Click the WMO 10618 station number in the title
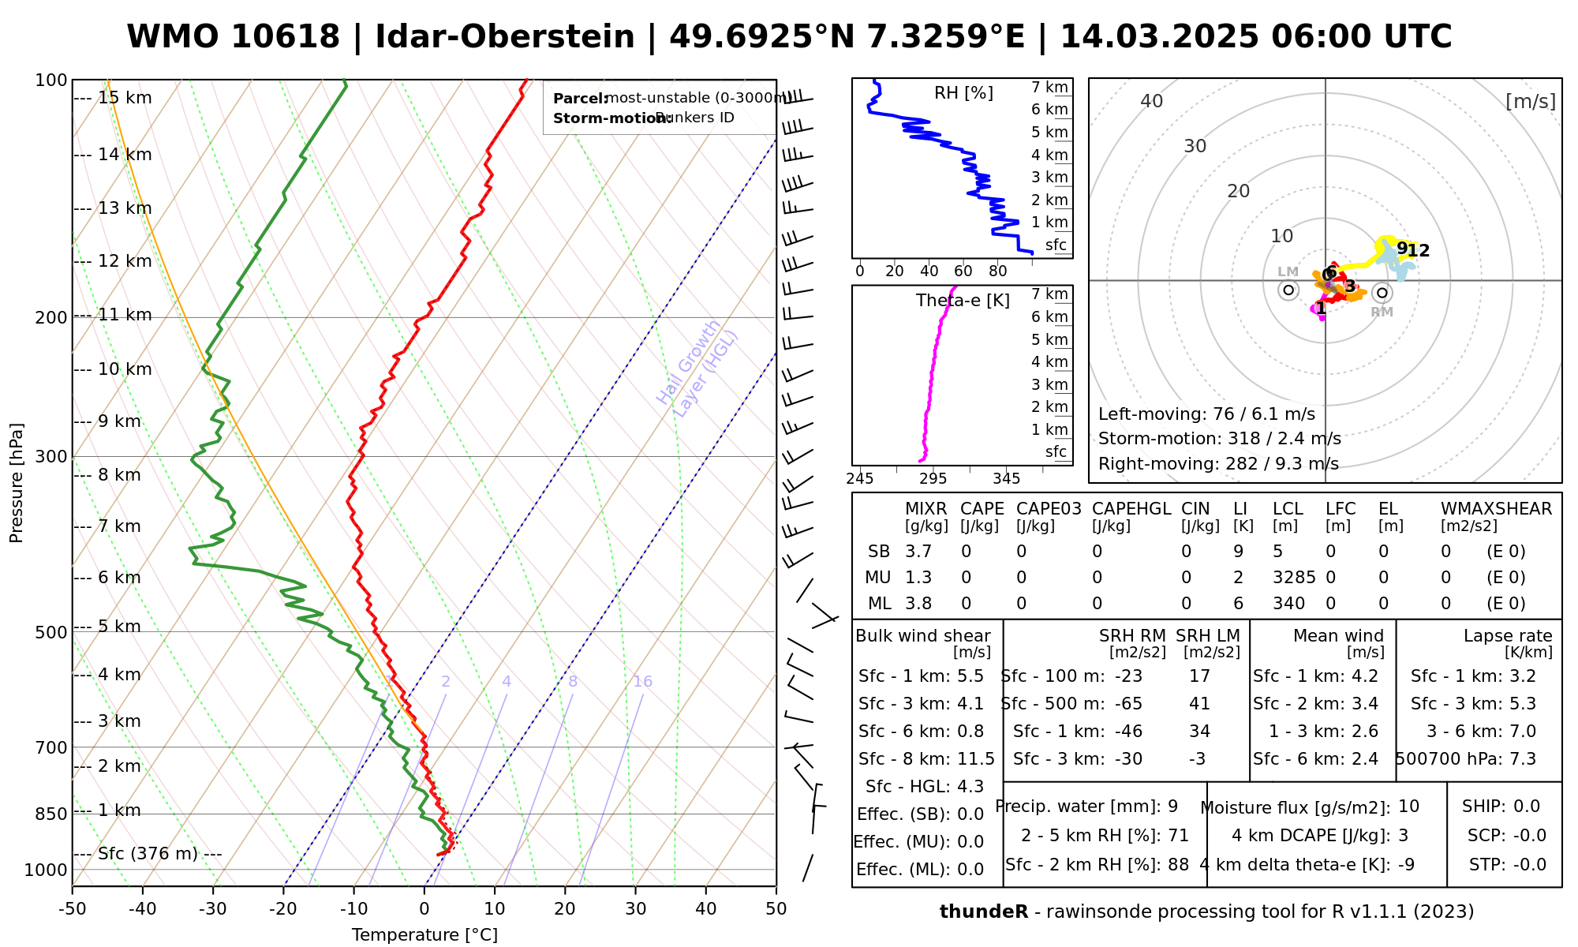click(234, 37)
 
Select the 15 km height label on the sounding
click(125, 98)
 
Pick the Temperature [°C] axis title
click(424, 935)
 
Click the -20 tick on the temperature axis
click(283, 909)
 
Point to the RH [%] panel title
click(963, 93)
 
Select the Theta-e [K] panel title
click(963, 301)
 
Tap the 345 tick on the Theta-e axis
click(1006, 479)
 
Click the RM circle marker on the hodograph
click(1382, 293)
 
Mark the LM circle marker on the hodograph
click(1288, 290)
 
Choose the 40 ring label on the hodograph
click(1152, 101)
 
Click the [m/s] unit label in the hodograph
click(1530, 101)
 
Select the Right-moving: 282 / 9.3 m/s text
click(1218, 464)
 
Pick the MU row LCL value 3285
click(1294, 578)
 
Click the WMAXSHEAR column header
click(1496, 509)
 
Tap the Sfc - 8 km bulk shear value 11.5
click(976, 759)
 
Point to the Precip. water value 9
click(1172, 807)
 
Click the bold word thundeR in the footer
click(984, 912)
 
